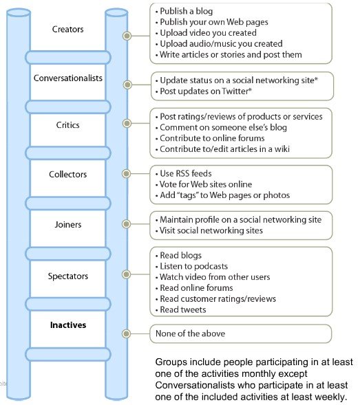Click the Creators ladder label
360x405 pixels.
click(67, 29)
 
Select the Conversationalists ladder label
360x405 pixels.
click(68, 78)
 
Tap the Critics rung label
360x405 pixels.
click(67, 125)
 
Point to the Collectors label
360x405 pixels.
click(67, 175)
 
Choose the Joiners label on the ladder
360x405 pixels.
click(68, 225)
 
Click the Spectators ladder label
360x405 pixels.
click(68, 276)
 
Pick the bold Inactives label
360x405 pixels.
click(68, 325)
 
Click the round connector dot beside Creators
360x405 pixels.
click(127, 36)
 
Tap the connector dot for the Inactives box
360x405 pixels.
click(126, 333)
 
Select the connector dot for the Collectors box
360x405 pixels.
click(126, 173)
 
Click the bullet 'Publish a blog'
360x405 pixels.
click(184, 11)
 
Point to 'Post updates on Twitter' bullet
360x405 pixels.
click(204, 91)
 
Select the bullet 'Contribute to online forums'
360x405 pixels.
click(210, 138)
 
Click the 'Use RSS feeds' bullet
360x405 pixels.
click(184, 173)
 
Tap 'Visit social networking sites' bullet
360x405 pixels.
click(209, 230)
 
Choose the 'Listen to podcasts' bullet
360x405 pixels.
click(191, 266)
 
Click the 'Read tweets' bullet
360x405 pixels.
click(181, 309)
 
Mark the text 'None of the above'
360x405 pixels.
click(191, 333)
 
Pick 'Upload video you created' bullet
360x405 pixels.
click(206, 33)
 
